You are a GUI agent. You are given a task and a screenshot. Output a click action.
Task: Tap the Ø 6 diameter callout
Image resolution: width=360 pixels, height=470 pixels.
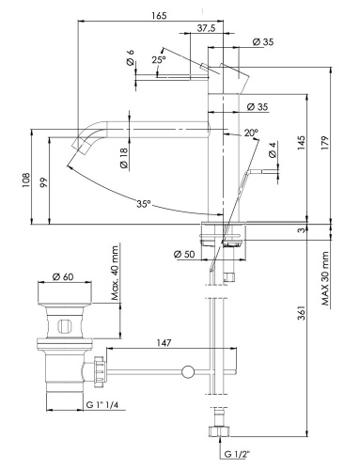point(131,57)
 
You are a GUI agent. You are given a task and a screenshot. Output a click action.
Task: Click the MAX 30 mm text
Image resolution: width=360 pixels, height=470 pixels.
point(325,278)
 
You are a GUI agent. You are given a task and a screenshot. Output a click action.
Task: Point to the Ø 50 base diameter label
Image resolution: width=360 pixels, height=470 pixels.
point(184,254)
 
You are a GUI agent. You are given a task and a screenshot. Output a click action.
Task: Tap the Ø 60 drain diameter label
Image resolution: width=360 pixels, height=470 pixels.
point(63,275)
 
